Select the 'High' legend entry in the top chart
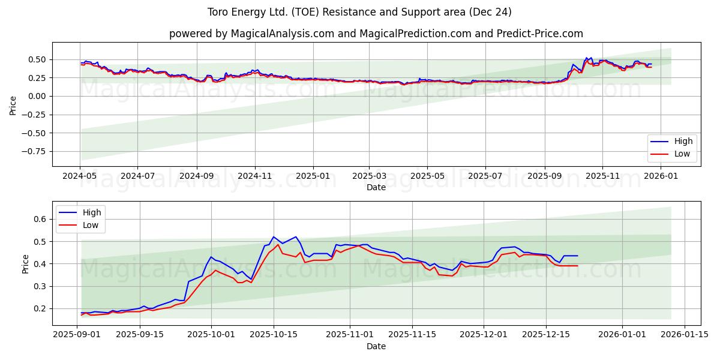pos(683,142)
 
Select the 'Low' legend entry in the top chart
pos(683,154)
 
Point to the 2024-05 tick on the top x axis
pos(80,176)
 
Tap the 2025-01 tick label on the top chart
pos(313,176)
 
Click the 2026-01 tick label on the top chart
pos(661,176)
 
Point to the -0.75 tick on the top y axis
pos(34,151)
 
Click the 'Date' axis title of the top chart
pos(376,187)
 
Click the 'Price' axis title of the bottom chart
pos(25,264)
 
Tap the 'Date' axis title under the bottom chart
pos(376,346)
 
